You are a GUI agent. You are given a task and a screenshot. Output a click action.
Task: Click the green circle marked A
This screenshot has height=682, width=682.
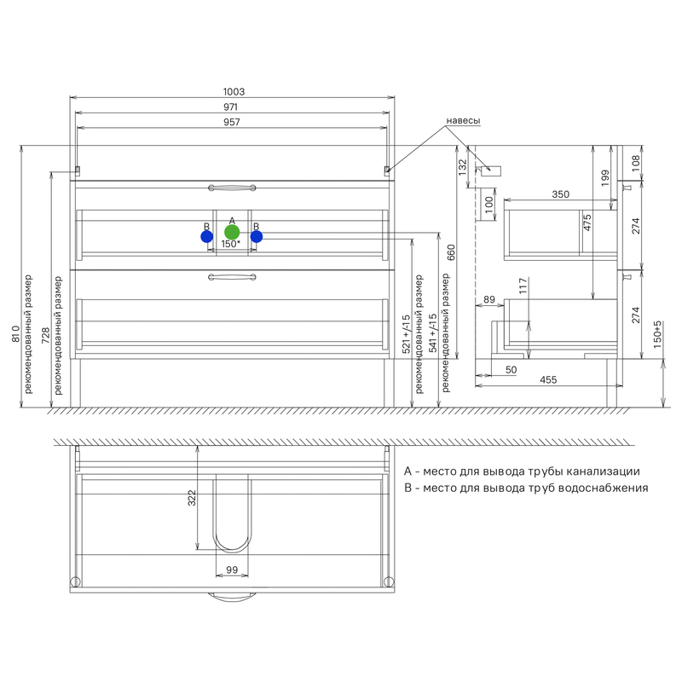[232, 232]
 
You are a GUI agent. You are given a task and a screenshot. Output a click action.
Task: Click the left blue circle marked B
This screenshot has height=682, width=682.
[206, 237]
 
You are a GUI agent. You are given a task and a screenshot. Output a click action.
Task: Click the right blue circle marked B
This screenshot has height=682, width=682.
[257, 237]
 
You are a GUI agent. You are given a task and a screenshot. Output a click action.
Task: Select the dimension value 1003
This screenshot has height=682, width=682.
[234, 92]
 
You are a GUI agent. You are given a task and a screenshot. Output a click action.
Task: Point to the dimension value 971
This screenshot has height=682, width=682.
[230, 107]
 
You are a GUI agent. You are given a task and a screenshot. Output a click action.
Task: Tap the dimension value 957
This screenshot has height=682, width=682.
[231, 122]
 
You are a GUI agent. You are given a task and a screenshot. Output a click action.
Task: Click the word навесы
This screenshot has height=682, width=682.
[463, 120]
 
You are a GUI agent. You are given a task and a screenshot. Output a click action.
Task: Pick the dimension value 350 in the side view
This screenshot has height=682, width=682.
[561, 194]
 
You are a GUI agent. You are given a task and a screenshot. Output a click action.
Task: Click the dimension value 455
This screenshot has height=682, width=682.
[548, 379]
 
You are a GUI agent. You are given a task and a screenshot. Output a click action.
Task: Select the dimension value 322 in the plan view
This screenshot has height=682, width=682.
[192, 498]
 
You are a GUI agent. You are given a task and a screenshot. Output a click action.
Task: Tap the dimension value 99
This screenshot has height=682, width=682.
[232, 569]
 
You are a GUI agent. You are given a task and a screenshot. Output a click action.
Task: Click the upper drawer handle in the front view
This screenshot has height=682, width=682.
[232, 188]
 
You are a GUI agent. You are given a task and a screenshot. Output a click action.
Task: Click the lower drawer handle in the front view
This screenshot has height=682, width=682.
[232, 276]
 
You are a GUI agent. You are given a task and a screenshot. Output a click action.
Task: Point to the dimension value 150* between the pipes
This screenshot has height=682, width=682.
[230, 244]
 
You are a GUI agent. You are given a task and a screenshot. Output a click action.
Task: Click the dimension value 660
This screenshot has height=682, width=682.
[451, 252]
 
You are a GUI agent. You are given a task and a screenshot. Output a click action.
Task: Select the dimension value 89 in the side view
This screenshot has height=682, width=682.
[488, 300]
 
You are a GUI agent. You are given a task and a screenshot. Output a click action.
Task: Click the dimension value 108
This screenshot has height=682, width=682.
[636, 163]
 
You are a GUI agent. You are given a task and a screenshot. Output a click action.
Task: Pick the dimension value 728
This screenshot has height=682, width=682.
[46, 336]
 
